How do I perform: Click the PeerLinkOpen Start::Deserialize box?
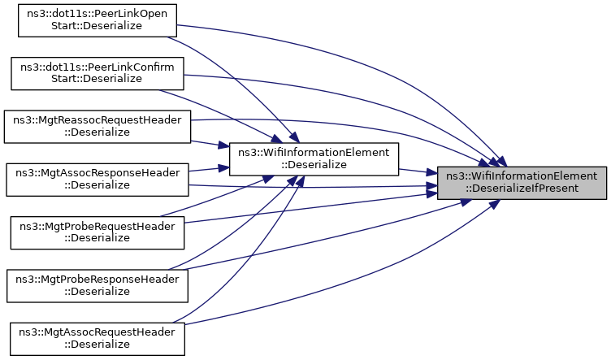click(x=97, y=20)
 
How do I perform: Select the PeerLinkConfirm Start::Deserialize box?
click(x=97, y=74)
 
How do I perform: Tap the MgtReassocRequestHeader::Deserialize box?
click(x=97, y=127)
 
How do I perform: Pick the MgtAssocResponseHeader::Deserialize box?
click(x=97, y=180)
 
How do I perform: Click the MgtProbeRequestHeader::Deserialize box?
click(x=97, y=232)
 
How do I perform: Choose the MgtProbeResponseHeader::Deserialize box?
click(x=97, y=285)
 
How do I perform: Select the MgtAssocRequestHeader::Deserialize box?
click(x=97, y=339)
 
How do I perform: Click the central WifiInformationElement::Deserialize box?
click(x=314, y=159)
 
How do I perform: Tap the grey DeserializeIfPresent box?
click(x=522, y=183)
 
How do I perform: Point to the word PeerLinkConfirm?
click(x=132, y=67)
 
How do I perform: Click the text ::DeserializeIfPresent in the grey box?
click(x=522, y=189)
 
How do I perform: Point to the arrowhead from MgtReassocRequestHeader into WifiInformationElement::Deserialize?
click(x=223, y=145)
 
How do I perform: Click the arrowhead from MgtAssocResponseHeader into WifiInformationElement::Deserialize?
click(x=223, y=168)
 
